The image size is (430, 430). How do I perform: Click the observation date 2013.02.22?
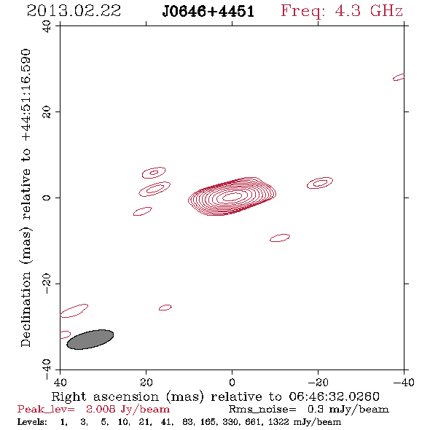[x=74, y=11]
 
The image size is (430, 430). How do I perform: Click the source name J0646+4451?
[x=208, y=12]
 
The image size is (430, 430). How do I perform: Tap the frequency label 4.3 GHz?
[x=369, y=11]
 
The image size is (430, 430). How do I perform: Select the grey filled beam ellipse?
[x=90, y=340]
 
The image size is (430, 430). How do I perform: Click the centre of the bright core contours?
[x=232, y=197]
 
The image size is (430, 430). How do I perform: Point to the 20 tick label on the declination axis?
[x=47, y=112]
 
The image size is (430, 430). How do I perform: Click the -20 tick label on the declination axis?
[x=47, y=284]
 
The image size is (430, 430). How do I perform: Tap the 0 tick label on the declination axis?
[x=47, y=198]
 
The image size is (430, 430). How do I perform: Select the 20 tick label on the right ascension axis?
[x=146, y=383]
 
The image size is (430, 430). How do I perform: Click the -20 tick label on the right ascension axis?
[x=318, y=383]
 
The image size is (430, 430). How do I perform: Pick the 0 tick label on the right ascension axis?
[x=232, y=383]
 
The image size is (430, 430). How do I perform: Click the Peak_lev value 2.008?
[x=100, y=409]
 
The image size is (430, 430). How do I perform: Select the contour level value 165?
[x=209, y=422]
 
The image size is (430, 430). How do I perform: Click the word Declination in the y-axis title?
[x=26, y=309]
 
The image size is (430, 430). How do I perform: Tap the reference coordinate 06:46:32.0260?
[x=334, y=396]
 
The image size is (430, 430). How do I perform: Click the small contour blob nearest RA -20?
[x=320, y=183]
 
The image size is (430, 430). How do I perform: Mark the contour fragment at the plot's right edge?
[x=399, y=77]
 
